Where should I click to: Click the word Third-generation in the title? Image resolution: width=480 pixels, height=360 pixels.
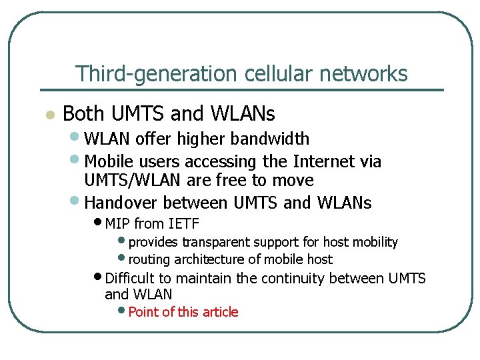pos(137,73)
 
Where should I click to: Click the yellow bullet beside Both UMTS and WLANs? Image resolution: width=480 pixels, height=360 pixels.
pos(48,115)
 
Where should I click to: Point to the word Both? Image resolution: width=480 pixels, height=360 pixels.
pos(84,114)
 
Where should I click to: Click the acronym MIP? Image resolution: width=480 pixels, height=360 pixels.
pos(118,223)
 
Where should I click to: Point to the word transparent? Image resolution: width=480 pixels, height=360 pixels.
pos(216,242)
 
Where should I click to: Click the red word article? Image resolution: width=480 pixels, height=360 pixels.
pos(217,312)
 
